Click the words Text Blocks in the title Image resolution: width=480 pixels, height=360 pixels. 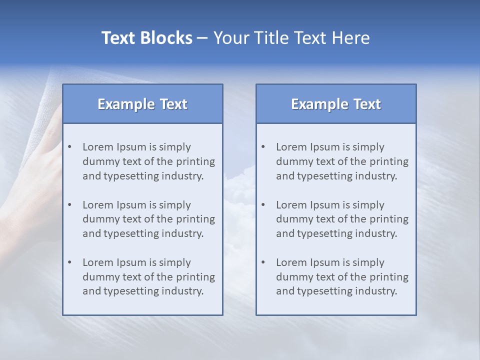coord(146,38)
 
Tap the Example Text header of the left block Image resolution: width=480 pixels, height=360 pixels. coord(142,104)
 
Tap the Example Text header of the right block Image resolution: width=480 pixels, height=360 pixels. coord(336,104)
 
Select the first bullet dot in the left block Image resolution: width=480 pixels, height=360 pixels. coord(70,146)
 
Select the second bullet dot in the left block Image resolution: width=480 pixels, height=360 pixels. coord(70,204)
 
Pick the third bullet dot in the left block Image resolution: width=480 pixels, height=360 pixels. coord(70,262)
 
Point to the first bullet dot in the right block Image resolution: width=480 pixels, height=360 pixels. coord(263,146)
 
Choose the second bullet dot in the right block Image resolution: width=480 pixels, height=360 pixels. coord(263,204)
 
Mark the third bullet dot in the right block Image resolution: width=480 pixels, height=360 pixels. coord(263,262)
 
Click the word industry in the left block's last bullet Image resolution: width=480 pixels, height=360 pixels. coord(184,291)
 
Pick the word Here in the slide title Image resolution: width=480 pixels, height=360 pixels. coord(352,38)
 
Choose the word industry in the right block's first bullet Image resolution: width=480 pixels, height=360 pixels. coord(377,176)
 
